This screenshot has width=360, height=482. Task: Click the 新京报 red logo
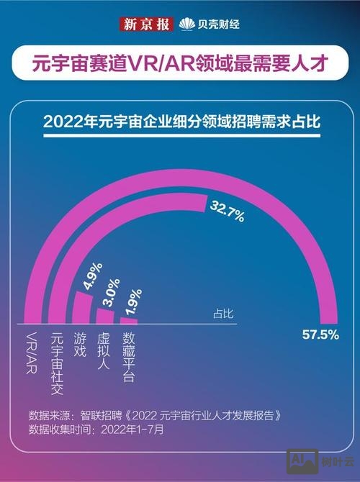(x=146, y=24)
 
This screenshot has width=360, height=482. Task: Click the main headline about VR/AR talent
(x=180, y=64)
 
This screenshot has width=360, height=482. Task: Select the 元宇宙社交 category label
(x=58, y=364)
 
